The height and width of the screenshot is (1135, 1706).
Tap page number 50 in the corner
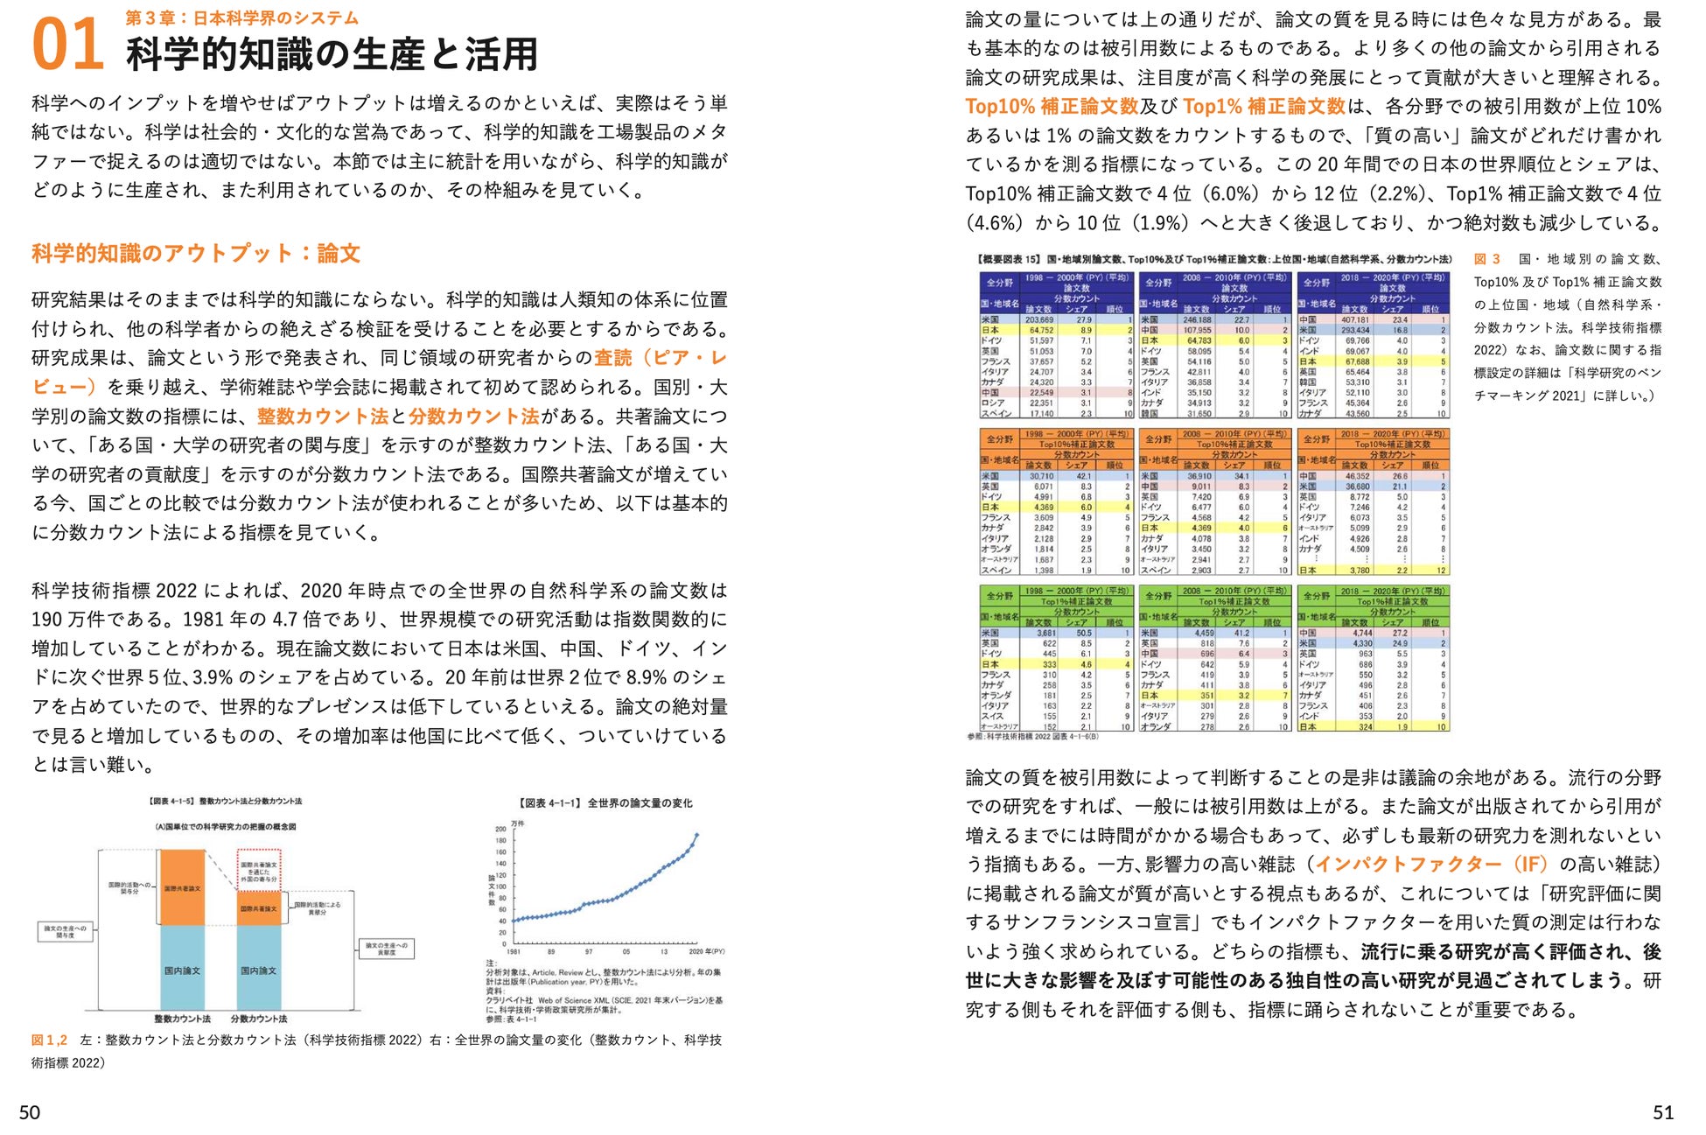coord(30,1111)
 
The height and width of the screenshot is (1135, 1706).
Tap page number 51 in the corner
coord(1662,1111)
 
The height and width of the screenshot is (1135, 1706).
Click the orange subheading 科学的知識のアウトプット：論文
coord(196,254)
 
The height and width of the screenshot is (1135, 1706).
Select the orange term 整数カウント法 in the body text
coord(322,417)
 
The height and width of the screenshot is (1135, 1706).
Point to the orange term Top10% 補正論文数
coord(1052,107)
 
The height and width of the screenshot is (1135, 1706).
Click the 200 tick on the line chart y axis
coord(500,829)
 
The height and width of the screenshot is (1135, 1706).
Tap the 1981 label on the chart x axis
coord(514,951)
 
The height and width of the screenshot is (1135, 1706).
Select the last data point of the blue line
coord(697,835)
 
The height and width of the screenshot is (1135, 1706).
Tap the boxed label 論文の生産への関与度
coord(66,931)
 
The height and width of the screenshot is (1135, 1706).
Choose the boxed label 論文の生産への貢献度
coord(386,949)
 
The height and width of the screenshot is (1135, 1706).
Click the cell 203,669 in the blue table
coord(1038,320)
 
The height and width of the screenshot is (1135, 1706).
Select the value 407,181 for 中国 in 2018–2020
coord(1355,320)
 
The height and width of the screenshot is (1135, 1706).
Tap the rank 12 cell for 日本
coord(1442,571)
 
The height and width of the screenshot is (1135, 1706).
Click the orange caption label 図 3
coord(1487,259)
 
